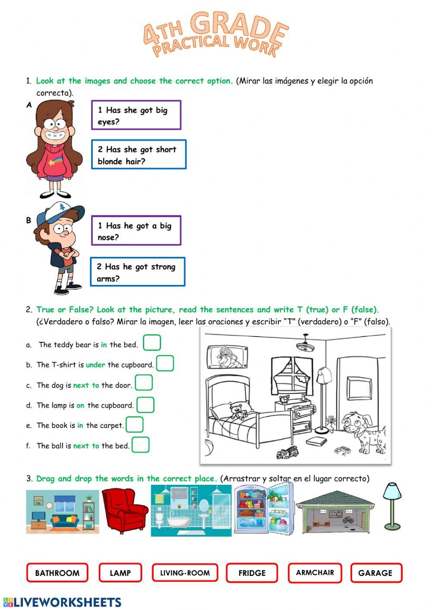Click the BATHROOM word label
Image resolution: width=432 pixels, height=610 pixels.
coord(57,573)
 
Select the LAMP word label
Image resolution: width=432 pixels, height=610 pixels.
coord(120,573)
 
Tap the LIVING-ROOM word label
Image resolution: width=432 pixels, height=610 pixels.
coord(185,573)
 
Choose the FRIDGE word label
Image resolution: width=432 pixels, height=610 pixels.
coord(252,573)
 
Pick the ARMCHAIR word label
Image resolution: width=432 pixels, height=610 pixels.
coord(315,572)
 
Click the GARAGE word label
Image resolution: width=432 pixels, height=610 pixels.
coord(375,573)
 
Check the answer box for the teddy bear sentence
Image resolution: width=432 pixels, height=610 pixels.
coord(152,343)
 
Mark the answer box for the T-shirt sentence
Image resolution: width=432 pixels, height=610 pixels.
coord(165,363)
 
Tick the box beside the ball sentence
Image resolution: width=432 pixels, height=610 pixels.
coord(140,445)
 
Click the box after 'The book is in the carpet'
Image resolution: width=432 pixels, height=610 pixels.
coord(134,424)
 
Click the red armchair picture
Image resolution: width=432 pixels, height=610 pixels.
coord(124,512)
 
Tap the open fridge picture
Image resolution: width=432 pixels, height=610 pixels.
coord(264,509)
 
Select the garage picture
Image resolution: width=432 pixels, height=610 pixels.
coord(335,513)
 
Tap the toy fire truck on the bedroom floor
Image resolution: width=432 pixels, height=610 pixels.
coord(287,453)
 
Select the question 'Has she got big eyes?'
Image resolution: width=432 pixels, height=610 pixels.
coord(136,115)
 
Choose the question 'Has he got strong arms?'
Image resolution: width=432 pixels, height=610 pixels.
coord(137,272)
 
